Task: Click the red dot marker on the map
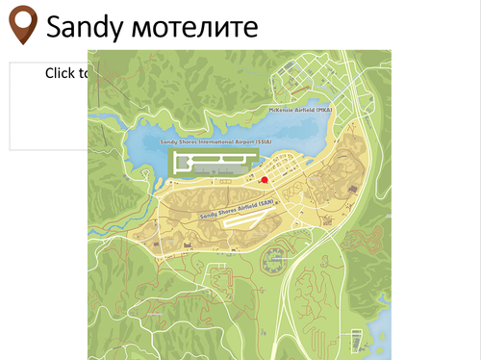[265, 179]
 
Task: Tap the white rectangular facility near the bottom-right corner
[357, 340]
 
